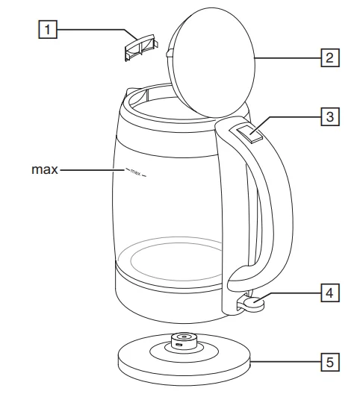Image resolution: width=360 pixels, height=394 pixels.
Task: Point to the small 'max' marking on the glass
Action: click(x=135, y=173)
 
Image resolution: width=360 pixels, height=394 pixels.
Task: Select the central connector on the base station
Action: click(x=181, y=342)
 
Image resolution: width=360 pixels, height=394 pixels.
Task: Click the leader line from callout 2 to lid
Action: click(x=288, y=57)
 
